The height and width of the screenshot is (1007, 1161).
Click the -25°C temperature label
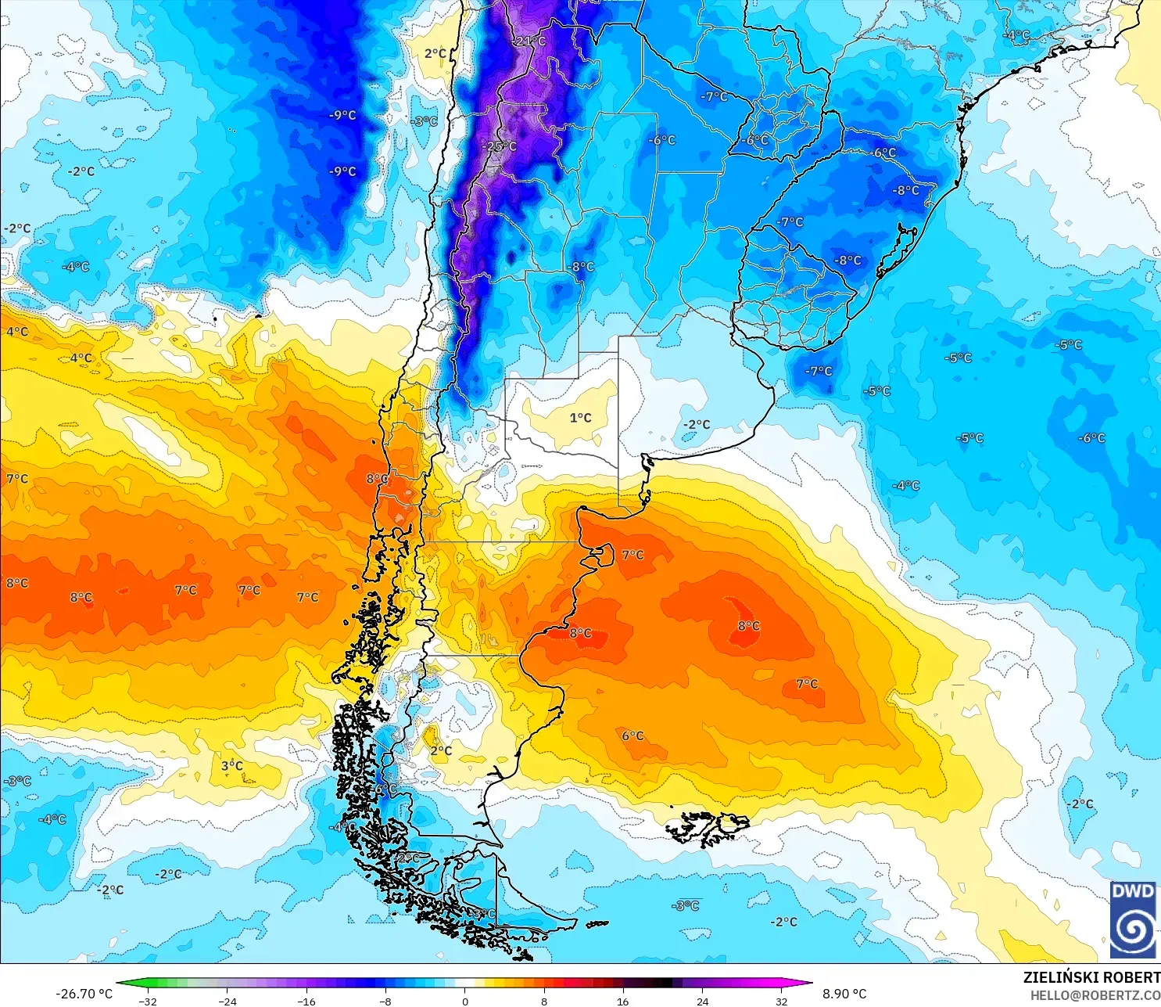click(x=501, y=146)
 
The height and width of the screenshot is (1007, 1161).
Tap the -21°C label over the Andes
click(x=531, y=41)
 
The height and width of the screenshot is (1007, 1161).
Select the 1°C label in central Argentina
click(x=580, y=418)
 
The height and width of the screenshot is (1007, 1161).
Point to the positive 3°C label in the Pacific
click(x=232, y=765)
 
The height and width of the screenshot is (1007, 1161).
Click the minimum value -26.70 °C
click(x=84, y=994)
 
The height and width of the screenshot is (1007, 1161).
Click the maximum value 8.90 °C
click(x=844, y=994)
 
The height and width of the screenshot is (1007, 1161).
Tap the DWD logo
click(x=1133, y=920)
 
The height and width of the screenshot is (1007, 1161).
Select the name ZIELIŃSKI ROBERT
click(x=1091, y=977)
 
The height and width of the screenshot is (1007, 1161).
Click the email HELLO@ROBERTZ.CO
click(x=1095, y=995)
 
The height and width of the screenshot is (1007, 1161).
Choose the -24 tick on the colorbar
click(x=227, y=1001)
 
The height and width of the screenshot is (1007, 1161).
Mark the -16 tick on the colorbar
click(x=306, y=1001)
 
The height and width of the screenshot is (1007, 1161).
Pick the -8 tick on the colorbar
click(x=385, y=1001)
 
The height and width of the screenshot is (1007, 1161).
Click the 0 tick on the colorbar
click(x=465, y=1001)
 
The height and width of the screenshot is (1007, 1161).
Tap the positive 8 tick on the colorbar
click(x=544, y=1001)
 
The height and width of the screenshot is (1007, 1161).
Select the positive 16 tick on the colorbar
click(x=623, y=1001)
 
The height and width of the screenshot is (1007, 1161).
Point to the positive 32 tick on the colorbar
click(x=782, y=1001)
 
